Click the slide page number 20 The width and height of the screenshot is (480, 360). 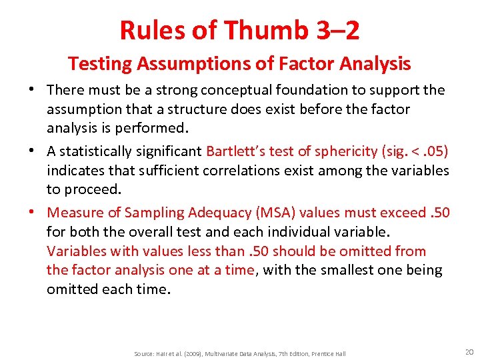pos(469,351)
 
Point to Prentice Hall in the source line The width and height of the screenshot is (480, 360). pos(329,353)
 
